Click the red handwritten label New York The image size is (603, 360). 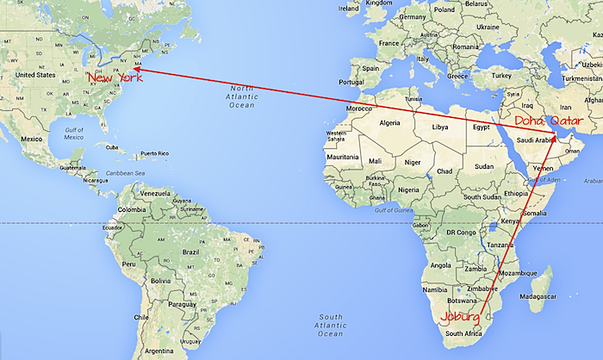[115, 78]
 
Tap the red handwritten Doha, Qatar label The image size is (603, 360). [544, 121]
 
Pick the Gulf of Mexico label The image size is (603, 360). [66, 133]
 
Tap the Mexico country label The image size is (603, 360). [32, 139]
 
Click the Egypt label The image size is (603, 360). [481, 127]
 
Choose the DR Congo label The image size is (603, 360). [462, 233]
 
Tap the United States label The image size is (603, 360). [35, 75]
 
